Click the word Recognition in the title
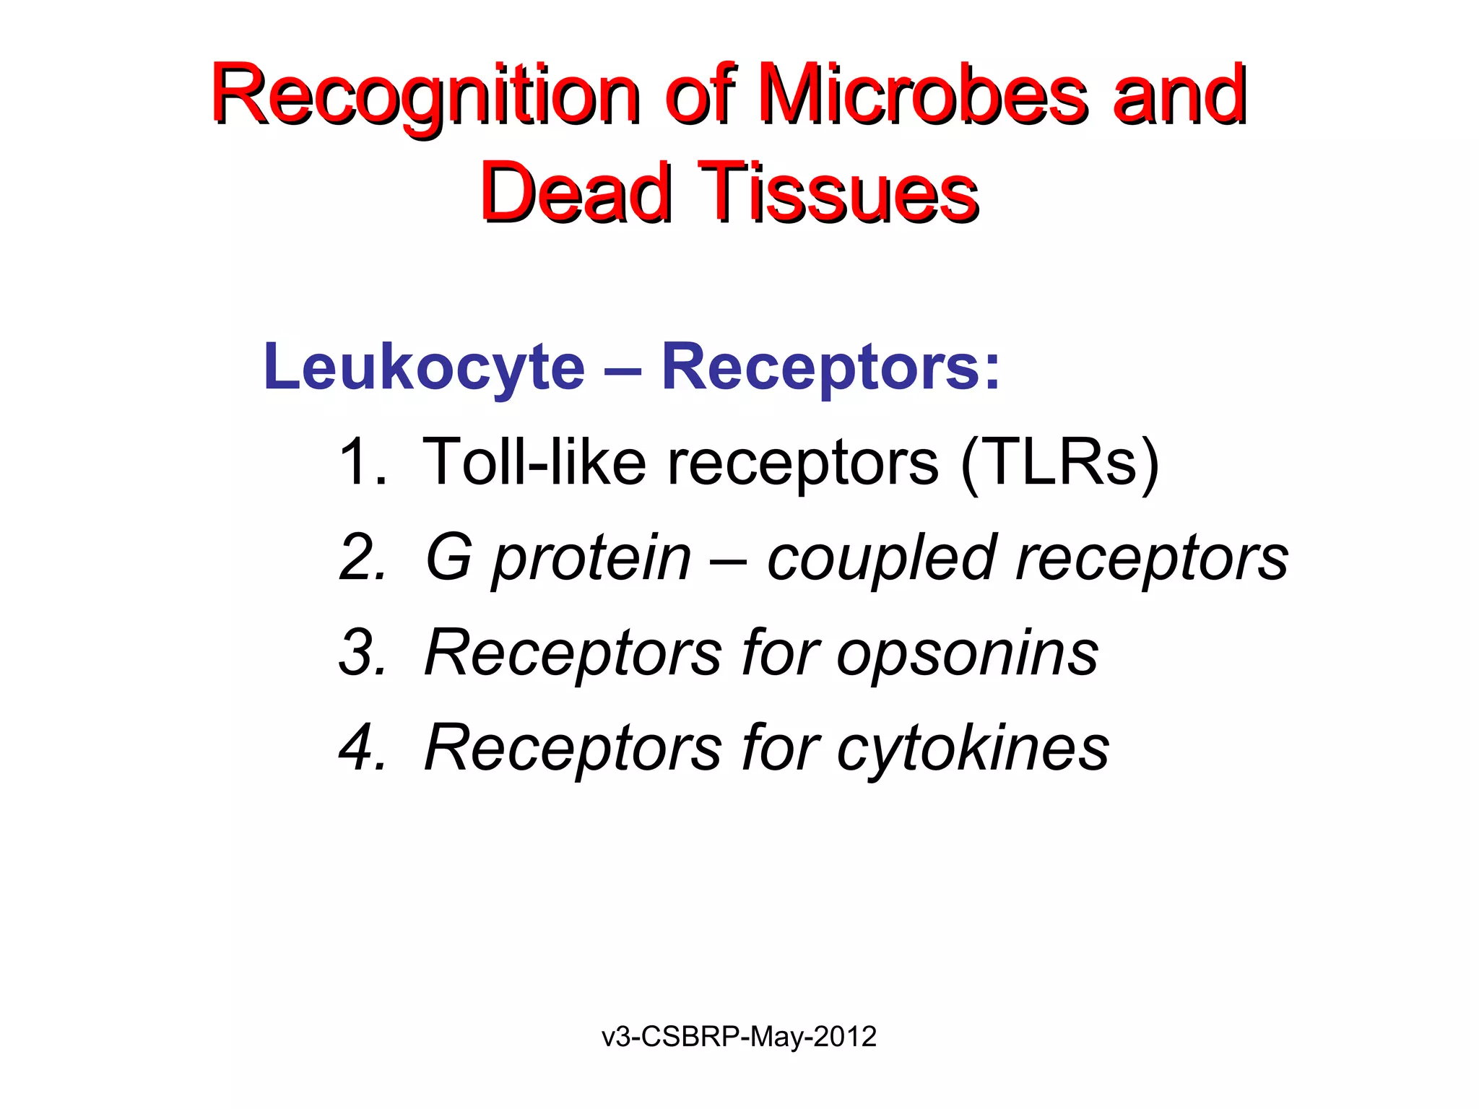point(426,97)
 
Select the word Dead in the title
point(576,193)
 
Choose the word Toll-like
point(534,462)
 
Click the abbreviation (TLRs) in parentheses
point(1059,462)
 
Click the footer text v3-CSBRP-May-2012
point(739,1037)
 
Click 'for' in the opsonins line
point(780,653)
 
